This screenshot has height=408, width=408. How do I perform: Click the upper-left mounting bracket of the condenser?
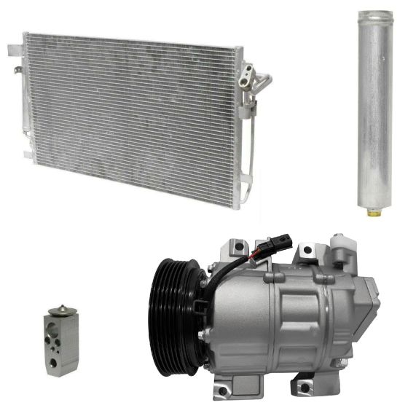[x=15, y=51]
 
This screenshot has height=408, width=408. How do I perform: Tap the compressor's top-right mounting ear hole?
[x=307, y=251]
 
